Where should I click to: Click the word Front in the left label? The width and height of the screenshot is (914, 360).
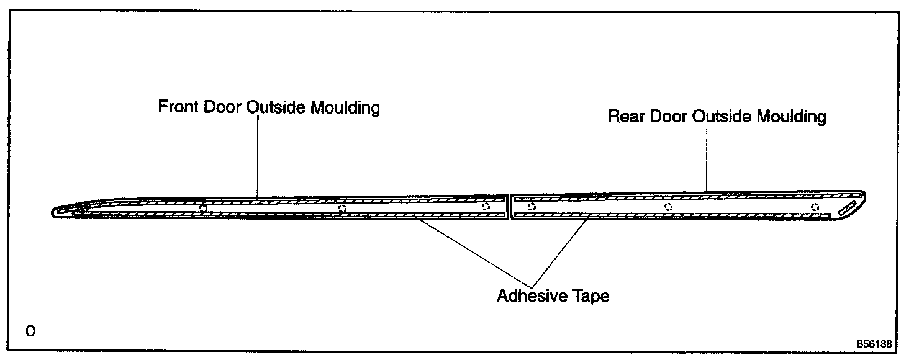178,107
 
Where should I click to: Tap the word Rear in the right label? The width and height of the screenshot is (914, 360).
626,117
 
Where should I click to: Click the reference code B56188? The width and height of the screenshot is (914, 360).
873,344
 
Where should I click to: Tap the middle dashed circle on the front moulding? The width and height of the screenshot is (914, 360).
342,209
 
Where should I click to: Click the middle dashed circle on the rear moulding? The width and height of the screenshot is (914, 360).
668,207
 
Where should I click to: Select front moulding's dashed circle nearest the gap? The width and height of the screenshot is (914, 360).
486,207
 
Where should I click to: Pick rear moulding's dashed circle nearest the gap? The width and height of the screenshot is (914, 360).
532,207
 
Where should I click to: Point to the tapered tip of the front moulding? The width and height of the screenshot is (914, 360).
59,212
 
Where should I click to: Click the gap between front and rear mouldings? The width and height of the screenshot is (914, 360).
509,207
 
